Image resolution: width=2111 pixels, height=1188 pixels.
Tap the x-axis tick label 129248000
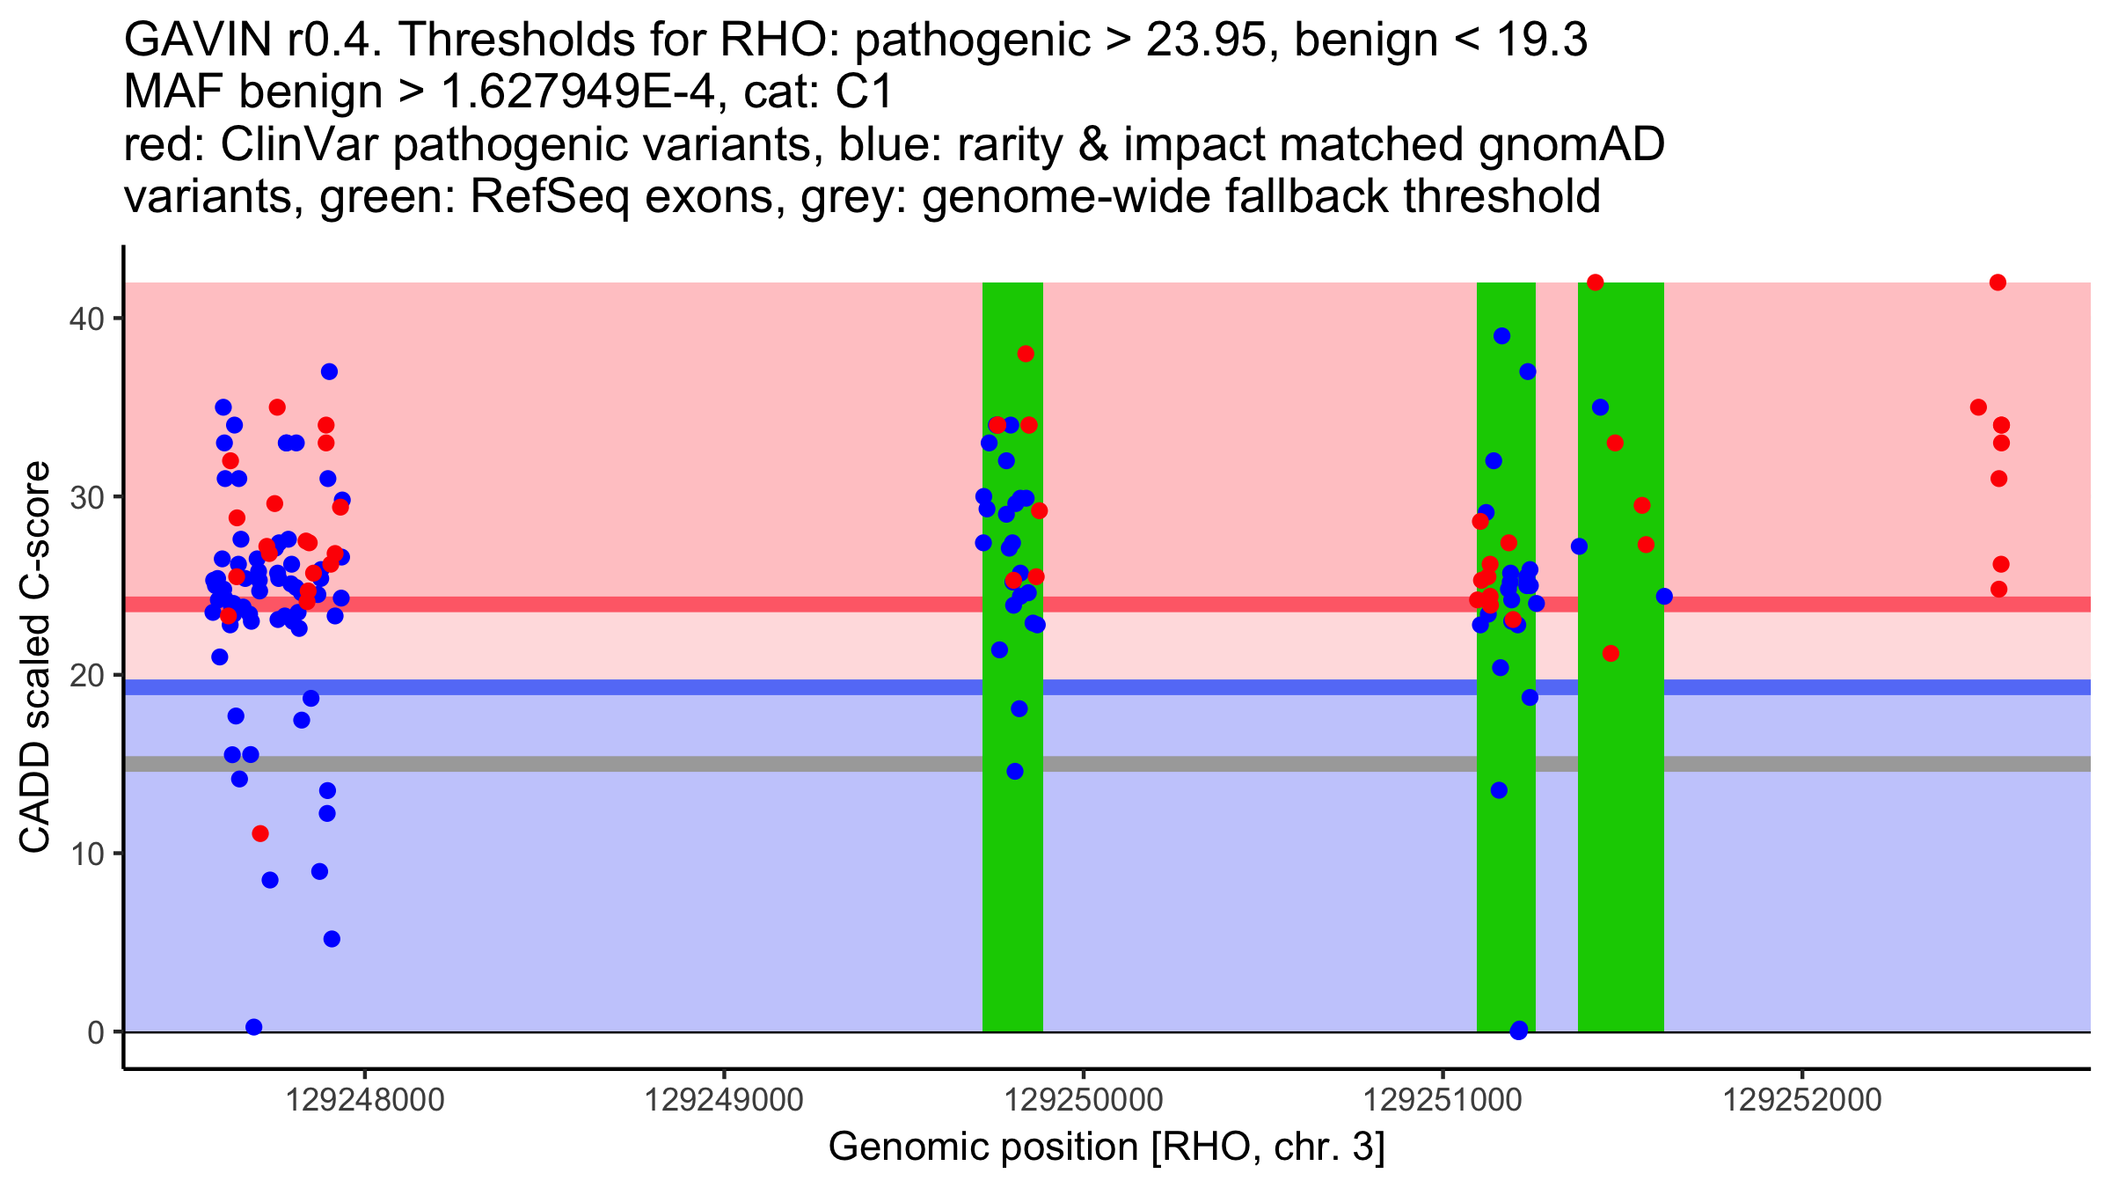pos(366,1100)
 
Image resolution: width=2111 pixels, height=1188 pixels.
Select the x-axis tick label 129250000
pos(1084,1100)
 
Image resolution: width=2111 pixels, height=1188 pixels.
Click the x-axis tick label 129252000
pos(1801,1100)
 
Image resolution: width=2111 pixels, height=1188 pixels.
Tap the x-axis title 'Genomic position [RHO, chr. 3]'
pos(1107,1147)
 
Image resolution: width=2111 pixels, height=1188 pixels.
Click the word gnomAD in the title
pos(1571,144)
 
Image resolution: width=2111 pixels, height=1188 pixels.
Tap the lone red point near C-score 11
pos(260,833)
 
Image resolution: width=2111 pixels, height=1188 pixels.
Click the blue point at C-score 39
pos(1501,336)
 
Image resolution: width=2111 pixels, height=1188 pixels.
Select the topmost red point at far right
pos(1998,282)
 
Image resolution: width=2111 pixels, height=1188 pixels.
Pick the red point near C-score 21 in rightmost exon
pos(1611,654)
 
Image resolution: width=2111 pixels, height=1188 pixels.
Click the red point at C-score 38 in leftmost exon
pos(1026,354)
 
